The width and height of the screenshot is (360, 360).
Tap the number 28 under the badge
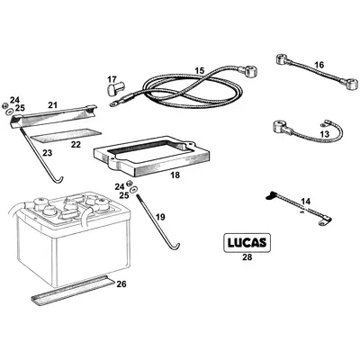pos(247,259)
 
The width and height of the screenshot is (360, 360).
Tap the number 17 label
pos(112,79)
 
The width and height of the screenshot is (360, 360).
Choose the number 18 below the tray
pos(174,175)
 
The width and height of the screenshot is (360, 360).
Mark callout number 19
pos(161,217)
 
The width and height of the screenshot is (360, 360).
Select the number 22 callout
pos(76,144)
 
